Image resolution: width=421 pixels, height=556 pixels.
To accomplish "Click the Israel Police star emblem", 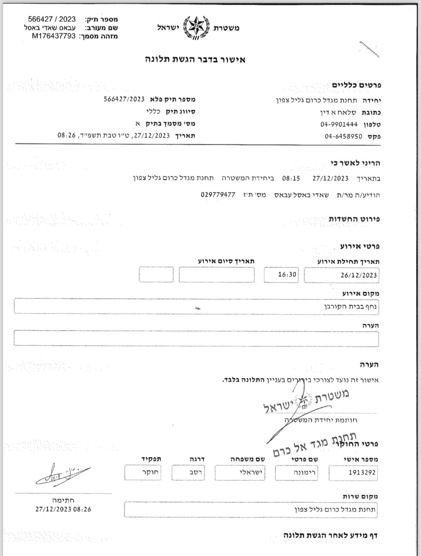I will coord(196,27).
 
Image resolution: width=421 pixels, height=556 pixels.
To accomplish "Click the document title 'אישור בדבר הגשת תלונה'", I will coord(195,59).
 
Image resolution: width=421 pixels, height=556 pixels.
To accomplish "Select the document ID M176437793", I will coord(54,36).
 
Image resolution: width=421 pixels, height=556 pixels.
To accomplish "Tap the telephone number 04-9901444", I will coord(339,124).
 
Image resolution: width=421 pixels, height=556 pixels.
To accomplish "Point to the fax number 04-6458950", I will coord(344,136).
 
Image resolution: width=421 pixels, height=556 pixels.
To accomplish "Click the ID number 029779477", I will coord(218,195).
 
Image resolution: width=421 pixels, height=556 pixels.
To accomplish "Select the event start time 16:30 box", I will coord(281,275).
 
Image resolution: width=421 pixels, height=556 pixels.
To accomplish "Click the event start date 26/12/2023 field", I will coord(341,275).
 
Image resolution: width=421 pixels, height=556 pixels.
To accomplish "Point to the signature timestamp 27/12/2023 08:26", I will coord(63,509).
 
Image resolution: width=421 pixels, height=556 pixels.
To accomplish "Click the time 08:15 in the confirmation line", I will coord(291,179).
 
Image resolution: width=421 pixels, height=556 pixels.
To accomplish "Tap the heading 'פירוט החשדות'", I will coord(354,219).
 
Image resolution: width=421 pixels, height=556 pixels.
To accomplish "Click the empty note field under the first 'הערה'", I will coord(196,338).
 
